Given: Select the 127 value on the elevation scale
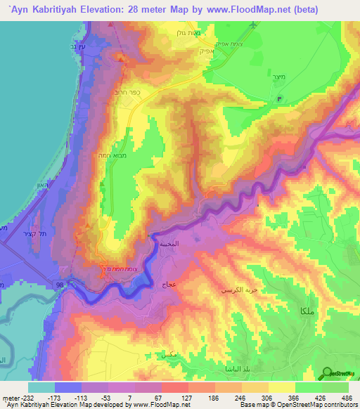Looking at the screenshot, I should pos(187,396).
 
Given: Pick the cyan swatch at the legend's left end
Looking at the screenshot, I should pos(40,387).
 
